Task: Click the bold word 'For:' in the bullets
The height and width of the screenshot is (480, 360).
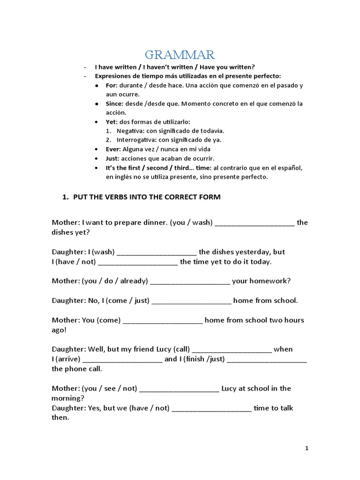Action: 112,86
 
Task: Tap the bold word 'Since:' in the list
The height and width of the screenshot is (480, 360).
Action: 115,103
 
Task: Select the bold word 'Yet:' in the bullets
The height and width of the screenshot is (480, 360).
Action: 112,121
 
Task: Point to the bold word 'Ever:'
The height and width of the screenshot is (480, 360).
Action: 113,149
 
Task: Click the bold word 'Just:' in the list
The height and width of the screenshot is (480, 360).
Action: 113,158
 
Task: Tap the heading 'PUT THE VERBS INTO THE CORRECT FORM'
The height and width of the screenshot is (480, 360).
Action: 147,197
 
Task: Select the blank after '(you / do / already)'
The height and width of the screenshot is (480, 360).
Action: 190,281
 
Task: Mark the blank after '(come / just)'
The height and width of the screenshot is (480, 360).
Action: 192,301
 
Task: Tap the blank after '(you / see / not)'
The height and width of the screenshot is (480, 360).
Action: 180,389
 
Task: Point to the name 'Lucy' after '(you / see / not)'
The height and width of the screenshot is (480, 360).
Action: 230,389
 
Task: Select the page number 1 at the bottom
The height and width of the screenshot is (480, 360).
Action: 307,448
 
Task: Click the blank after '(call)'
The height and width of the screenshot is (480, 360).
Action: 232,350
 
